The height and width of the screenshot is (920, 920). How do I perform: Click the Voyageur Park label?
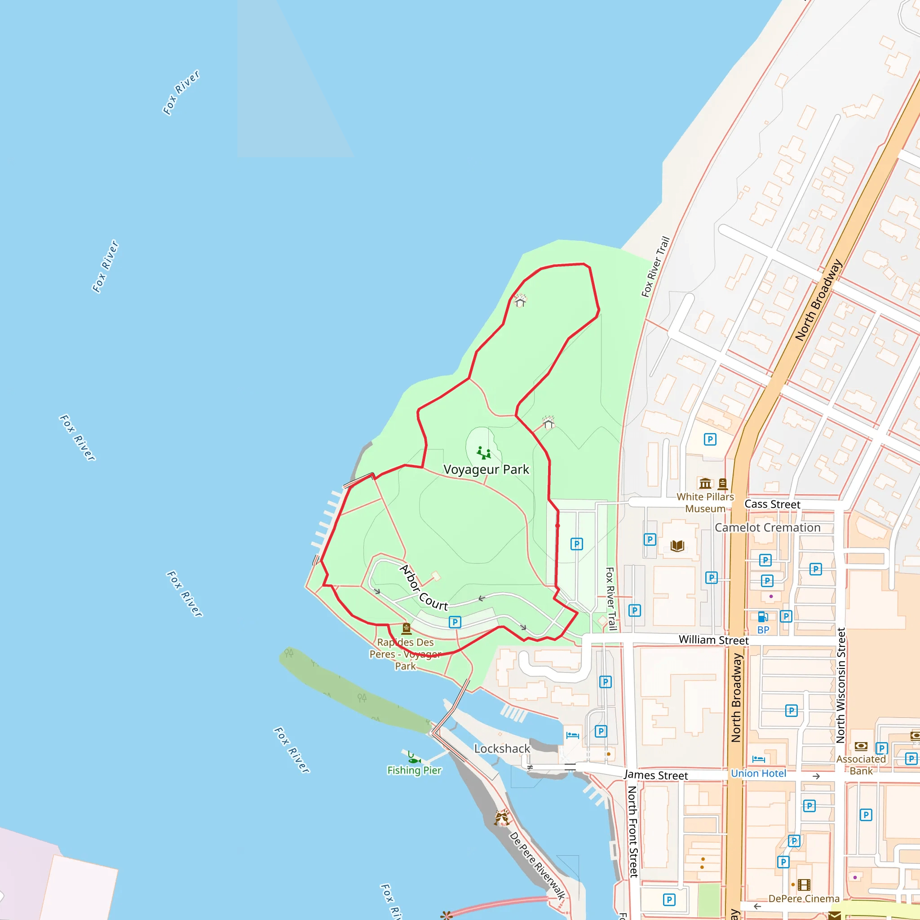point(486,469)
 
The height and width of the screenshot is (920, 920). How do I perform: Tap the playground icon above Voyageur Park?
point(484,452)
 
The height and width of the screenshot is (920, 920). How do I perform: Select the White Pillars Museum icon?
point(705,484)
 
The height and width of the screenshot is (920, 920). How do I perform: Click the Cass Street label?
point(772,504)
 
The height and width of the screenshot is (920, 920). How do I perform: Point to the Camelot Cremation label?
point(767,528)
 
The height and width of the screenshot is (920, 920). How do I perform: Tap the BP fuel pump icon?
point(762,617)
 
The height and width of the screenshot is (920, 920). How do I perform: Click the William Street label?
point(713,640)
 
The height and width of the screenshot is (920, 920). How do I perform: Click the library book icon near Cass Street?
point(677,546)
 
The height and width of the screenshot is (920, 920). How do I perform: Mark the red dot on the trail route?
point(557,526)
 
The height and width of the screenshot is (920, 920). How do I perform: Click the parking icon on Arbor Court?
point(455,622)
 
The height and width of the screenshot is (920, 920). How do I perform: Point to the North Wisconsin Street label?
point(841,685)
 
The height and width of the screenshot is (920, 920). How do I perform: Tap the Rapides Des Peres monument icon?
point(406,629)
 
